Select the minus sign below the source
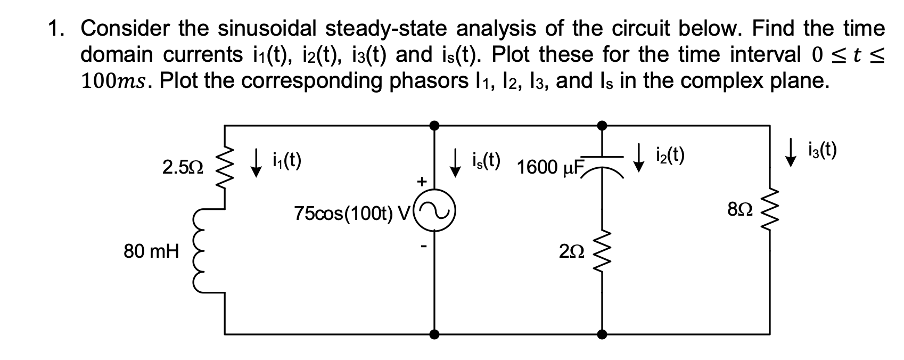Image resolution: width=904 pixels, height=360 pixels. [423, 247]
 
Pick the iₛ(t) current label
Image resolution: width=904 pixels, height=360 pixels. [484, 160]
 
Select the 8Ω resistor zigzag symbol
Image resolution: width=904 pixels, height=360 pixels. [769, 209]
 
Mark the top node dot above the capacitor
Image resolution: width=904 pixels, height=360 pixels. [602, 125]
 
